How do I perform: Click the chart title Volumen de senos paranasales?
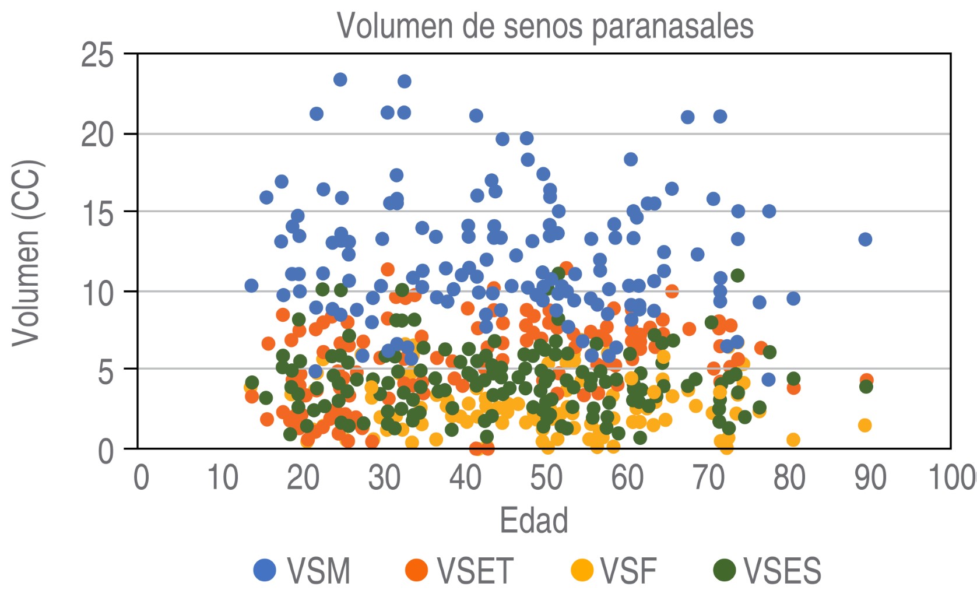click(545, 26)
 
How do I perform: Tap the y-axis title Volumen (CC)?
click(26, 252)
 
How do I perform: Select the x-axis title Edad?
click(533, 521)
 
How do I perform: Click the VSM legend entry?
click(303, 570)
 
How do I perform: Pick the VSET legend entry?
click(459, 570)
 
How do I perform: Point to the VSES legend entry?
click(768, 570)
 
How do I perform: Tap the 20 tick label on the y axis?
click(97, 135)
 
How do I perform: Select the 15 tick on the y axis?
click(97, 213)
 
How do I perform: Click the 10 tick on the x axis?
click(222, 478)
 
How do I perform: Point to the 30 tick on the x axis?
click(384, 478)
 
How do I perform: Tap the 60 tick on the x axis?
click(627, 478)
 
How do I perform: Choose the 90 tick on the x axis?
click(870, 478)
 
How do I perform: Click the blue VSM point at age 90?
click(865, 239)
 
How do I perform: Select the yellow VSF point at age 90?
click(864, 425)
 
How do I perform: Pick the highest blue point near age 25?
click(340, 79)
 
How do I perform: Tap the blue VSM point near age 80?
click(793, 298)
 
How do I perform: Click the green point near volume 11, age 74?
click(737, 275)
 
